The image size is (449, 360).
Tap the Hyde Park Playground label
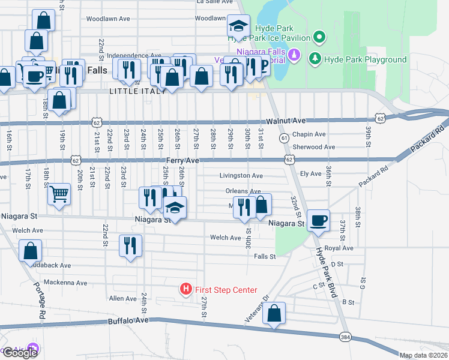tap(365, 59)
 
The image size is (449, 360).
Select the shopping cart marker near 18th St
tap(59, 194)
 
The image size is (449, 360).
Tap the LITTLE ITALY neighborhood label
tap(133, 91)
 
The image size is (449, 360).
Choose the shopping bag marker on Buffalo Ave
tap(274, 313)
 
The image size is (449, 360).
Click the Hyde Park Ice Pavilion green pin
tap(319, 38)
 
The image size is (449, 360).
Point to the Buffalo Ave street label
tap(128, 321)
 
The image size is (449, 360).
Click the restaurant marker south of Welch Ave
tap(130, 245)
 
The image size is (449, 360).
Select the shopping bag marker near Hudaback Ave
tap(31, 250)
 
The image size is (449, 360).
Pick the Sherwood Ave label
tap(313, 147)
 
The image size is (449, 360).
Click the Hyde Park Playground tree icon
tap(314, 59)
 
